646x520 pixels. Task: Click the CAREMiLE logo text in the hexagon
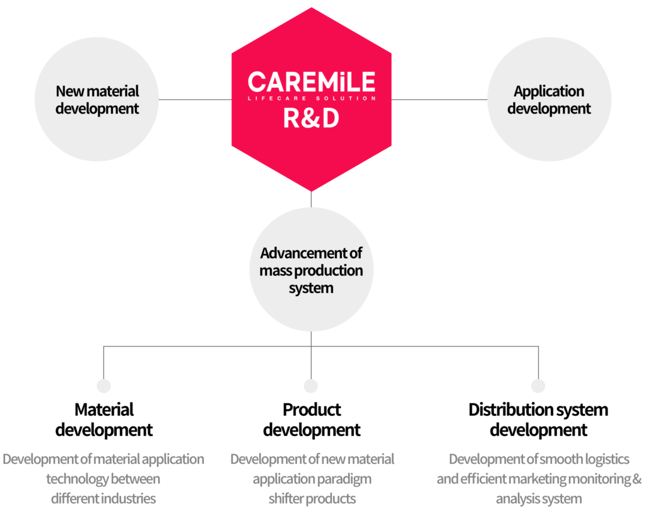click(311, 82)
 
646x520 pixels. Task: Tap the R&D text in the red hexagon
click(311, 118)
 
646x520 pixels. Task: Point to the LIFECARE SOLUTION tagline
click(311, 98)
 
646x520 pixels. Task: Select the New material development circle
click(97, 99)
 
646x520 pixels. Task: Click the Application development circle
click(549, 99)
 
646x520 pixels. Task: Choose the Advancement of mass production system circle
click(311, 270)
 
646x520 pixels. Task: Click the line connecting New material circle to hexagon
click(195, 99)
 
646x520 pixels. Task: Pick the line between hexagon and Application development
click(438, 99)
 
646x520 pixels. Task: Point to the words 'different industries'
click(103, 499)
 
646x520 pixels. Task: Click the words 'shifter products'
click(312, 499)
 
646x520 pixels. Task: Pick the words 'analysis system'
click(539, 499)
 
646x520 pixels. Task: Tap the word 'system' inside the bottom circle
click(311, 288)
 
